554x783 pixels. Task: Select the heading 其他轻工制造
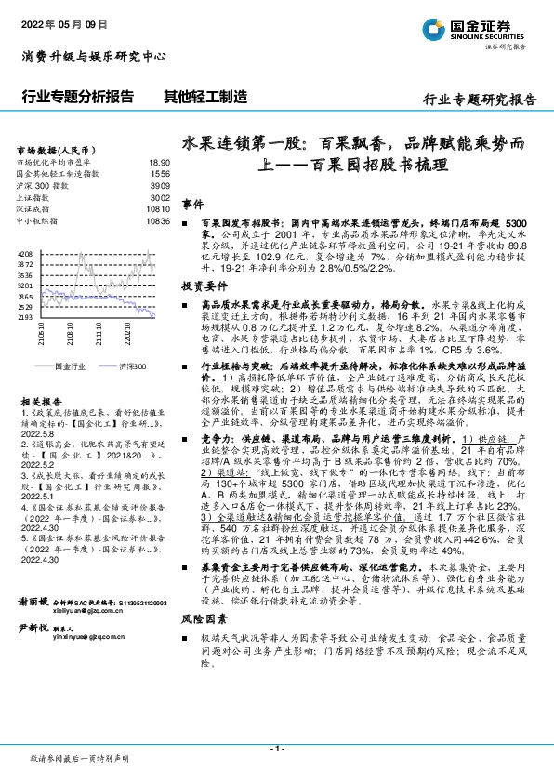[204, 96]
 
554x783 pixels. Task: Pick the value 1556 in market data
[160, 174]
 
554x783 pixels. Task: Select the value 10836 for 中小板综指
[158, 222]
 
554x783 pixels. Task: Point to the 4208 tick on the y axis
[25, 254]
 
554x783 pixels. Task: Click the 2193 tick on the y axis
[25, 317]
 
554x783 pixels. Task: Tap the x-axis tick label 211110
[98, 334]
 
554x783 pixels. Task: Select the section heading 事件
[191, 204]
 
